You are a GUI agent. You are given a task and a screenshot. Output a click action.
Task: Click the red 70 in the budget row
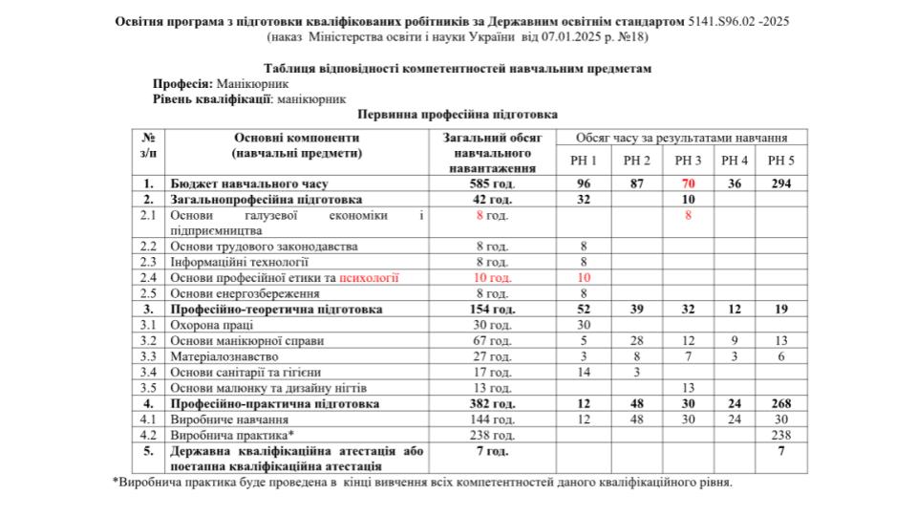(688, 183)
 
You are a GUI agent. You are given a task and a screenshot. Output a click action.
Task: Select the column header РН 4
(735, 161)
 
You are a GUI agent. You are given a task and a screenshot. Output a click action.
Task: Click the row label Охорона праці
(208, 325)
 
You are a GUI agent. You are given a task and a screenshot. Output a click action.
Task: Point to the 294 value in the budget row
(780, 183)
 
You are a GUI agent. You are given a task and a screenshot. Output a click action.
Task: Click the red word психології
(369, 278)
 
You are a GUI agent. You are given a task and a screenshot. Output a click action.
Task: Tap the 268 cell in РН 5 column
(780, 403)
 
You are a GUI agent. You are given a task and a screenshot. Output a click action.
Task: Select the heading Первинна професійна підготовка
(458, 113)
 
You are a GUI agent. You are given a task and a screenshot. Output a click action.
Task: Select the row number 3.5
(149, 388)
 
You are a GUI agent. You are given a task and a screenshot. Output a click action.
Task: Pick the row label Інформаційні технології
(239, 262)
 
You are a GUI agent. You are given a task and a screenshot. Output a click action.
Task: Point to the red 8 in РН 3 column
(688, 215)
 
